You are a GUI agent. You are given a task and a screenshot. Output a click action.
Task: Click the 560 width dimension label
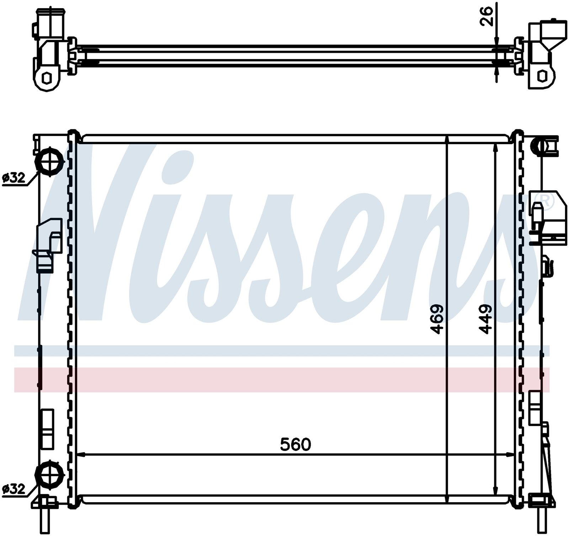296,444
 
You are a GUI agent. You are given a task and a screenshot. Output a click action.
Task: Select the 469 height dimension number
437,319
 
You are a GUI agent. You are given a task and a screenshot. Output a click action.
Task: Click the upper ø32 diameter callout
14,178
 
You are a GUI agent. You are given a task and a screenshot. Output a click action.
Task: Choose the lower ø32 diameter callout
14,489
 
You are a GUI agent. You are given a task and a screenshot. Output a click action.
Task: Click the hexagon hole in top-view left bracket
47,77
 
